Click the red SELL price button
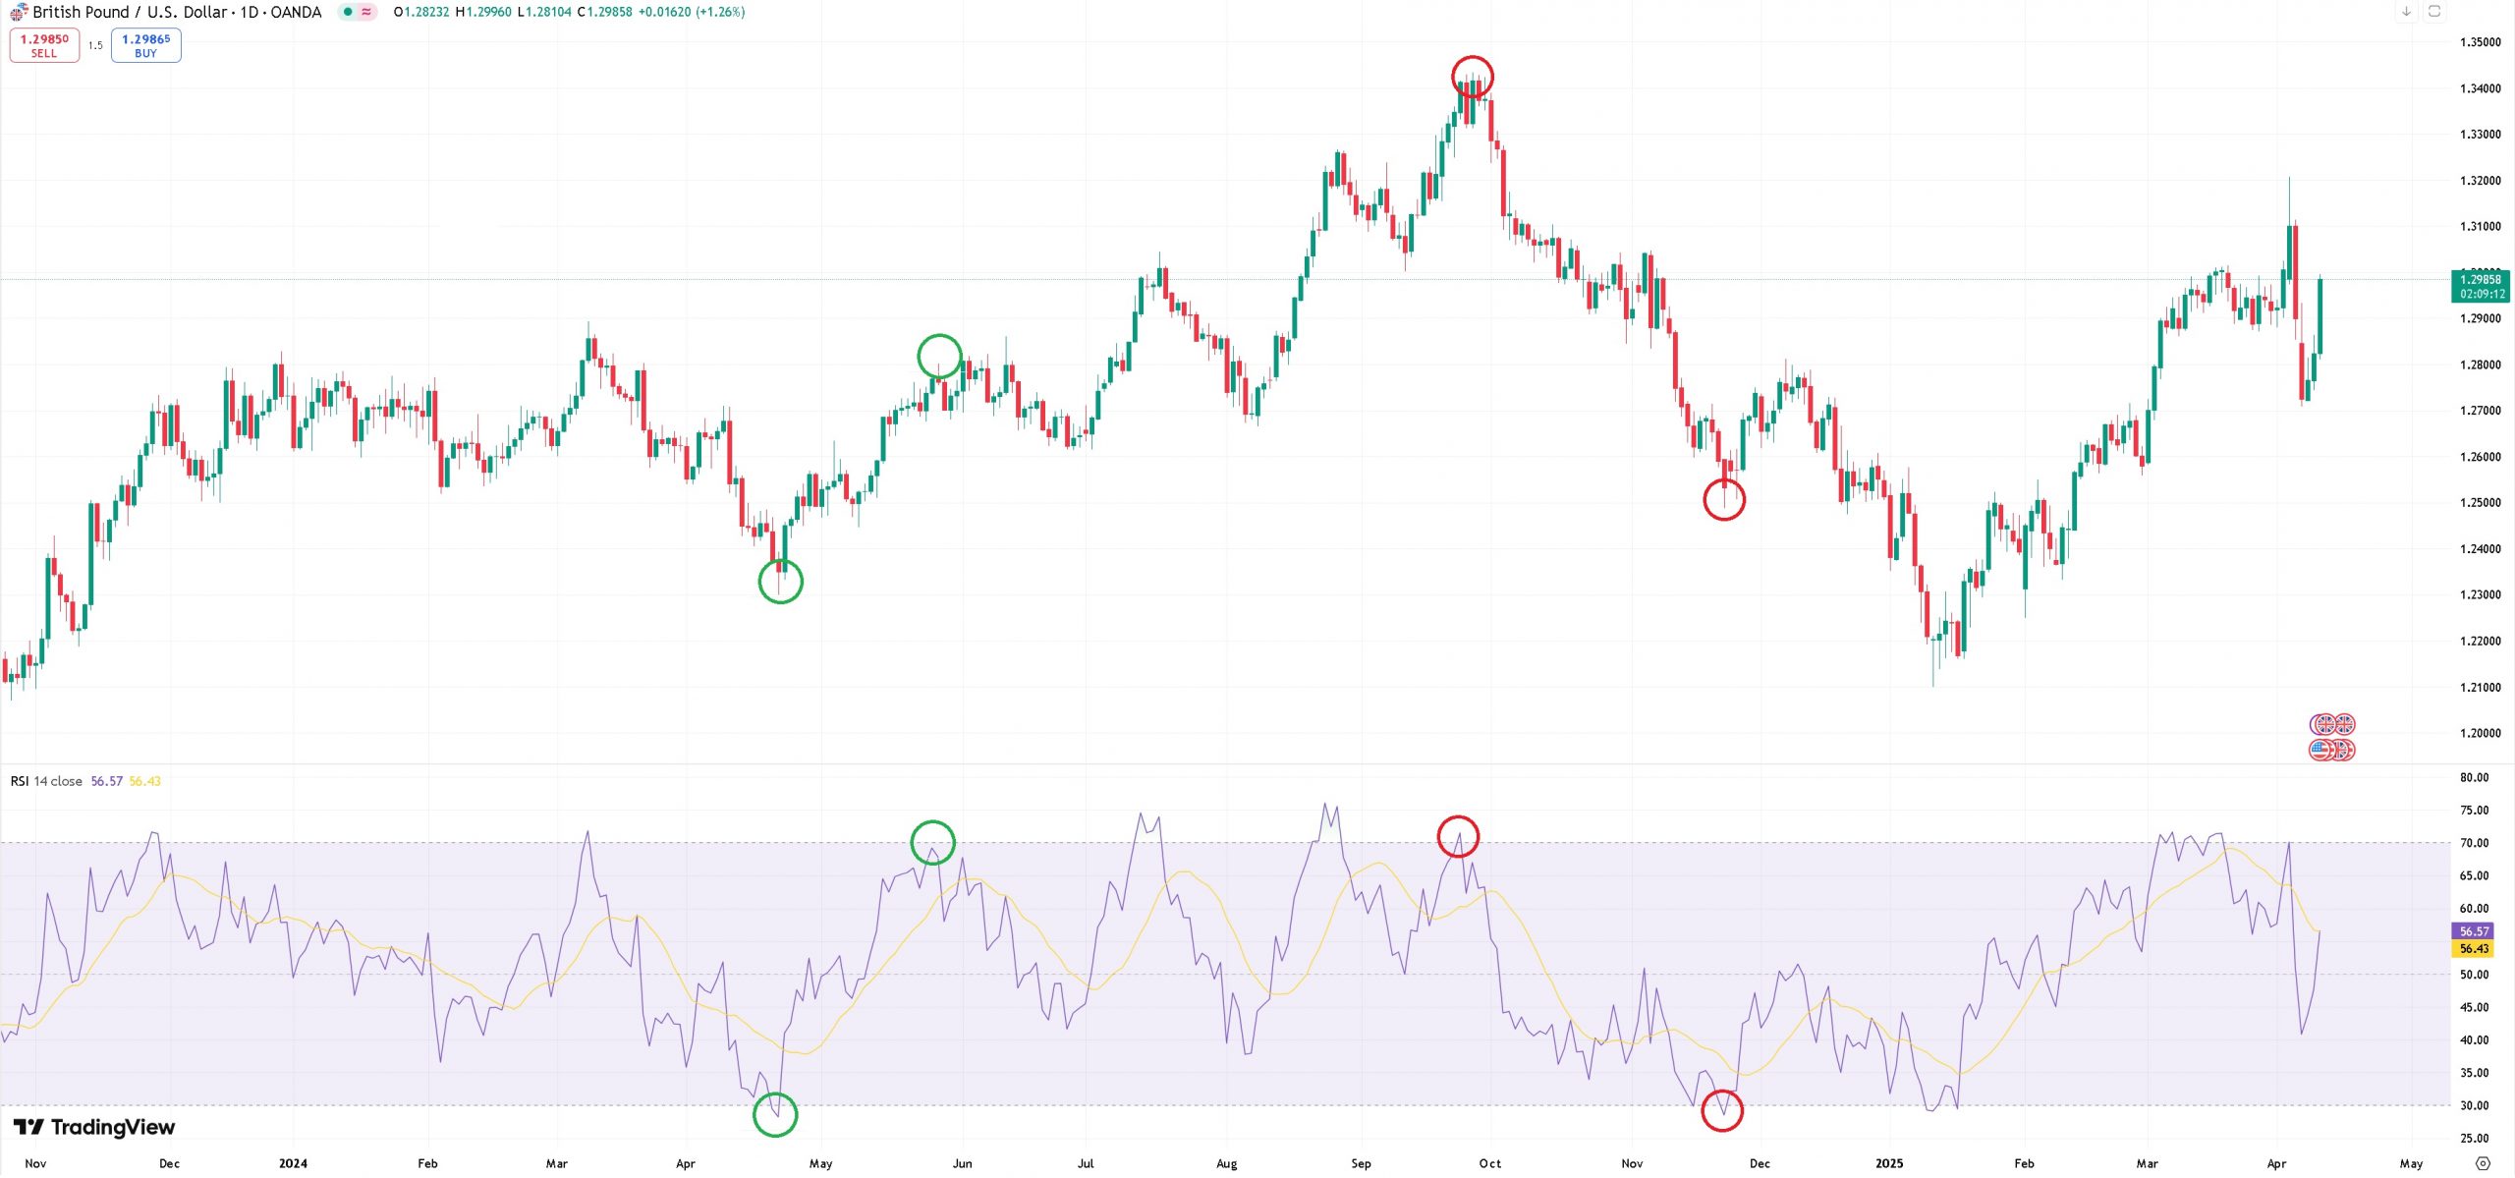pos(44,45)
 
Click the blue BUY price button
pos(145,45)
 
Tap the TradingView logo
pos(94,1127)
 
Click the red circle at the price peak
pos(1472,76)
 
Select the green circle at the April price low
pos(781,582)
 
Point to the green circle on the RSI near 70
pos(932,842)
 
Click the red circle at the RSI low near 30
pos(1721,1110)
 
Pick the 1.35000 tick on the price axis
pos(2480,42)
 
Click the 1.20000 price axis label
pos(2480,733)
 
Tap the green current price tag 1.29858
pos(2481,286)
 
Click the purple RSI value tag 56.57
pos(2474,931)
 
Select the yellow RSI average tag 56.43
pos(2474,949)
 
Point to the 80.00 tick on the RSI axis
pos(2474,777)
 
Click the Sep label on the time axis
pos(1361,1163)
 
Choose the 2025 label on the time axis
pos(1888,1163)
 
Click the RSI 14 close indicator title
pos(46,781)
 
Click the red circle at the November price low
pos(1724,500)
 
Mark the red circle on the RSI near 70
pos(1458,836)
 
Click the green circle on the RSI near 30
pos(775,1115)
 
